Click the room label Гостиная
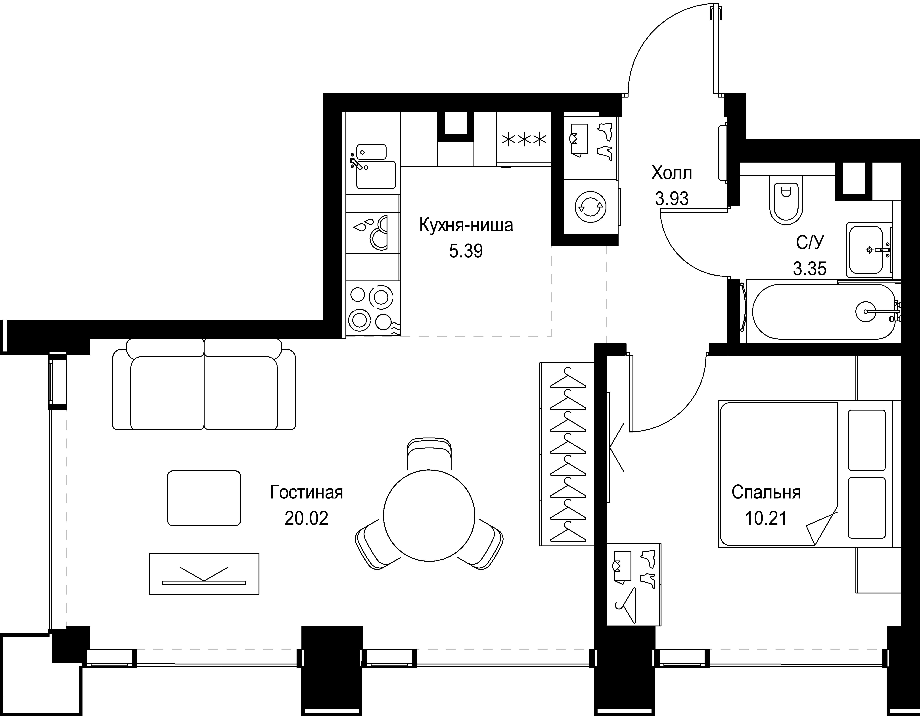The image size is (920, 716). click(x=307, y=492)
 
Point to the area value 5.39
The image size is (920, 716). click(x=466, y=251)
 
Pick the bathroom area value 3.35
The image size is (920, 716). click(x=810, y=268)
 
